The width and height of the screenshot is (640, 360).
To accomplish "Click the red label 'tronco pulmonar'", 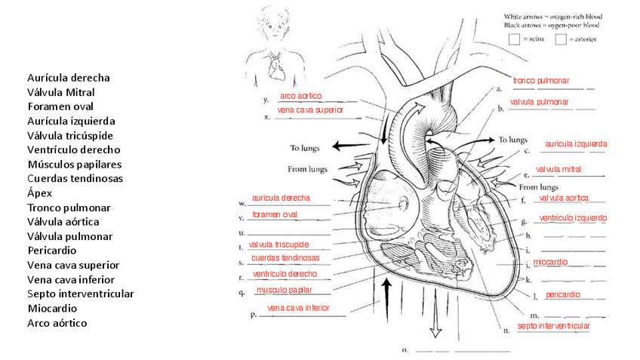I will tap(541, 81).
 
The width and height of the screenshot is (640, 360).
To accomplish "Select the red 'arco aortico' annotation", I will tap(300, 97).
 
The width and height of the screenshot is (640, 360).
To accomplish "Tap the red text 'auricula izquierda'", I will tap(576, 143).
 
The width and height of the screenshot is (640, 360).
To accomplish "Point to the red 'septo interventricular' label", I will tap(553, 326).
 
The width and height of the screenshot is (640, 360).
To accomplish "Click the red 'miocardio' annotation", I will tap(550, 262).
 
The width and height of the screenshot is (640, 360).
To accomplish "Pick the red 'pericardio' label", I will tap(562, 294).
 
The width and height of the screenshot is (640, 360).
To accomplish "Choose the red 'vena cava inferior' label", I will tap(298, 308).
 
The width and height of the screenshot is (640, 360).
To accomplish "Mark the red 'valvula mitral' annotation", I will tap(558, 169).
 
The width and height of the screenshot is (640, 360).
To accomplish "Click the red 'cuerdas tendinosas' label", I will tap(285, 258).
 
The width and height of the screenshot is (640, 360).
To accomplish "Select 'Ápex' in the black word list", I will tap(39, 193).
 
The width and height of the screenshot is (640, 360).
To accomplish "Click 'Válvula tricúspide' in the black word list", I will tap(69, 136).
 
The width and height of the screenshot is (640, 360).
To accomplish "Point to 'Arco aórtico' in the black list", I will tap(57, 323).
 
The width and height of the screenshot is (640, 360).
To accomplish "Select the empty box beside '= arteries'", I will tap(561, 40).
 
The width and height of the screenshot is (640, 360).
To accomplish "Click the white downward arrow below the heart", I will tap(435, 325).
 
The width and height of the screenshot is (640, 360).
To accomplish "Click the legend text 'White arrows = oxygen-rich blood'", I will tap(558, 16).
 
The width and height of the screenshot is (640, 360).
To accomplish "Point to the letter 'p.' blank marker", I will tap(254, 315).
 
